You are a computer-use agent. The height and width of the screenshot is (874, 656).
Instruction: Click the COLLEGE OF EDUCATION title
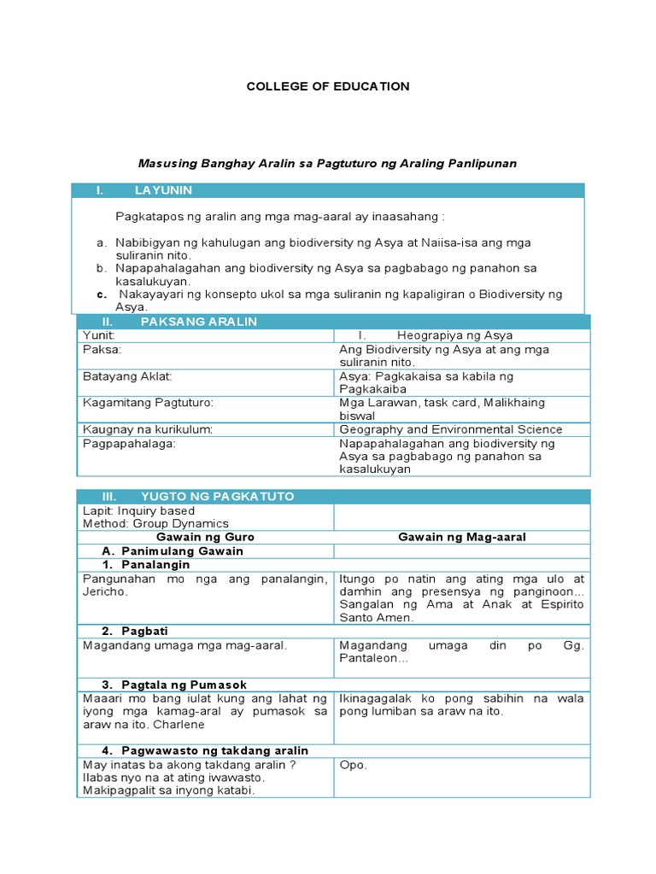pyautogui.click(x=328, y=86)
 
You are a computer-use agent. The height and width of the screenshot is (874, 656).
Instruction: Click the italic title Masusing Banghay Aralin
pyautogui.click(x=328, y=163)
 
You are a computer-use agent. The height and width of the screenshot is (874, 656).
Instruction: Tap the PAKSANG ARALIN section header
pyautogui.click(x=198, y=322)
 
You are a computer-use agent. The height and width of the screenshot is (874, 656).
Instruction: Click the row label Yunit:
pyautogui.click(x=98, y=335)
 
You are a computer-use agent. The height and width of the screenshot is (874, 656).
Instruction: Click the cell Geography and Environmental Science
pyautogui.click(x=450, y=429)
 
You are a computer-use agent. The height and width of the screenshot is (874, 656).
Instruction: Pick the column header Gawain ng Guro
pyautogui.click(x=205, y=537)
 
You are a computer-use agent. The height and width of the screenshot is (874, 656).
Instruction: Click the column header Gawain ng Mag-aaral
pyautogui.click(x=462, y=537)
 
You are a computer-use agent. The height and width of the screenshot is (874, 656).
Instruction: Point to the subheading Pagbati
pyautogui.click(x=144, y=631)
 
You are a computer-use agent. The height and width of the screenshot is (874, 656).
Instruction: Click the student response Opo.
pyautogui.click(x=353, y=765)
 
